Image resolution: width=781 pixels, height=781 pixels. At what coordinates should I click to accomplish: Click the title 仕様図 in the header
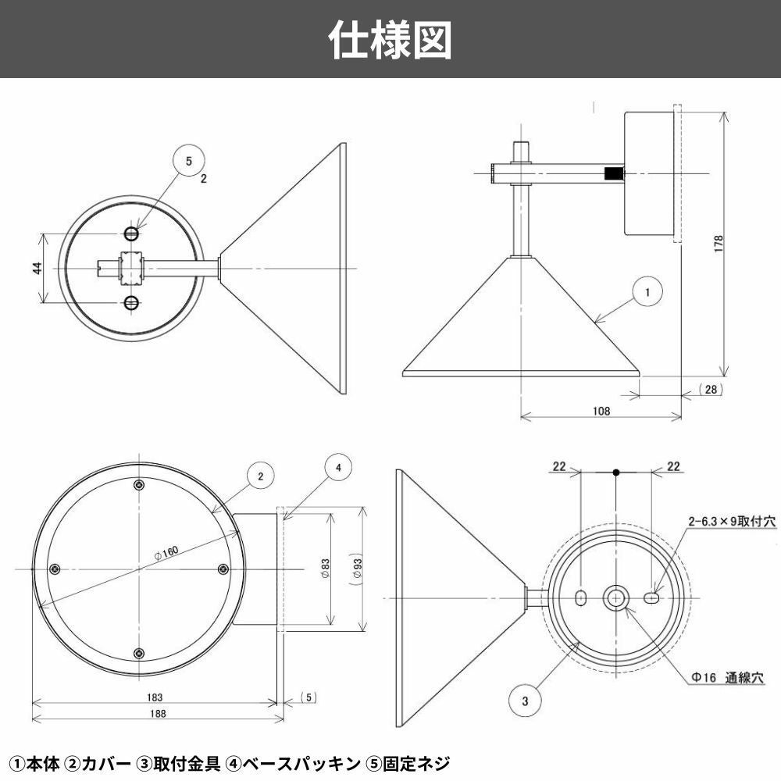coord(390,39)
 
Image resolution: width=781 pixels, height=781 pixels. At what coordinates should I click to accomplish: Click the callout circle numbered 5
coord(187,162)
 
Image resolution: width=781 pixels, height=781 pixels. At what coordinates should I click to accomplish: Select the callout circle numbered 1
coord(647,293)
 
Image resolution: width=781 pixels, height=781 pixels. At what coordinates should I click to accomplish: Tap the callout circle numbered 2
coord(261,475)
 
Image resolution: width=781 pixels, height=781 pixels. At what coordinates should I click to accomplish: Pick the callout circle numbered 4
coord(338,468)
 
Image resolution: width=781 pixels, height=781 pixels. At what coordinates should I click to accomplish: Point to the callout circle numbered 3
coord(525,701)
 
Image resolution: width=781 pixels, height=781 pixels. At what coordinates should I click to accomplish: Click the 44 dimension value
coord(37,268)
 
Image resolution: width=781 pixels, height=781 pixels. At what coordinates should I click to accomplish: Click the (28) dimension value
coord(710,388)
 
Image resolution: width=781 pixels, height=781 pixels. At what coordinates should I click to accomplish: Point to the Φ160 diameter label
coord(166,551)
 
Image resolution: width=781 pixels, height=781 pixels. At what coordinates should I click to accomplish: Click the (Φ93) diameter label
coord(355,569)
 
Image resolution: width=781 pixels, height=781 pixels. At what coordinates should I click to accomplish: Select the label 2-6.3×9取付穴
coord(731,522)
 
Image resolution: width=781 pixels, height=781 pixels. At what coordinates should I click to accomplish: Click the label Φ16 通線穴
coord(726,678)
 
